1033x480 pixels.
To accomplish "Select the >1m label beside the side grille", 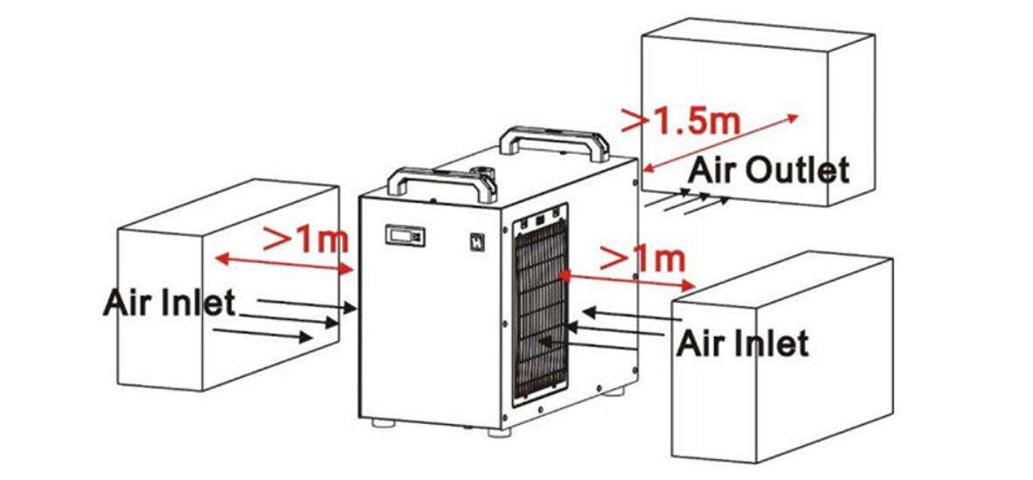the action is click(x=642, y=258).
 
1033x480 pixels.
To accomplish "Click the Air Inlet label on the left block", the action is click(x=169, y=303).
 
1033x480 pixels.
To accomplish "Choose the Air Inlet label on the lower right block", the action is click(x=742, y=342).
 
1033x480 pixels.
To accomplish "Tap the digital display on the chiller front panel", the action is click(x=405, y=235).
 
